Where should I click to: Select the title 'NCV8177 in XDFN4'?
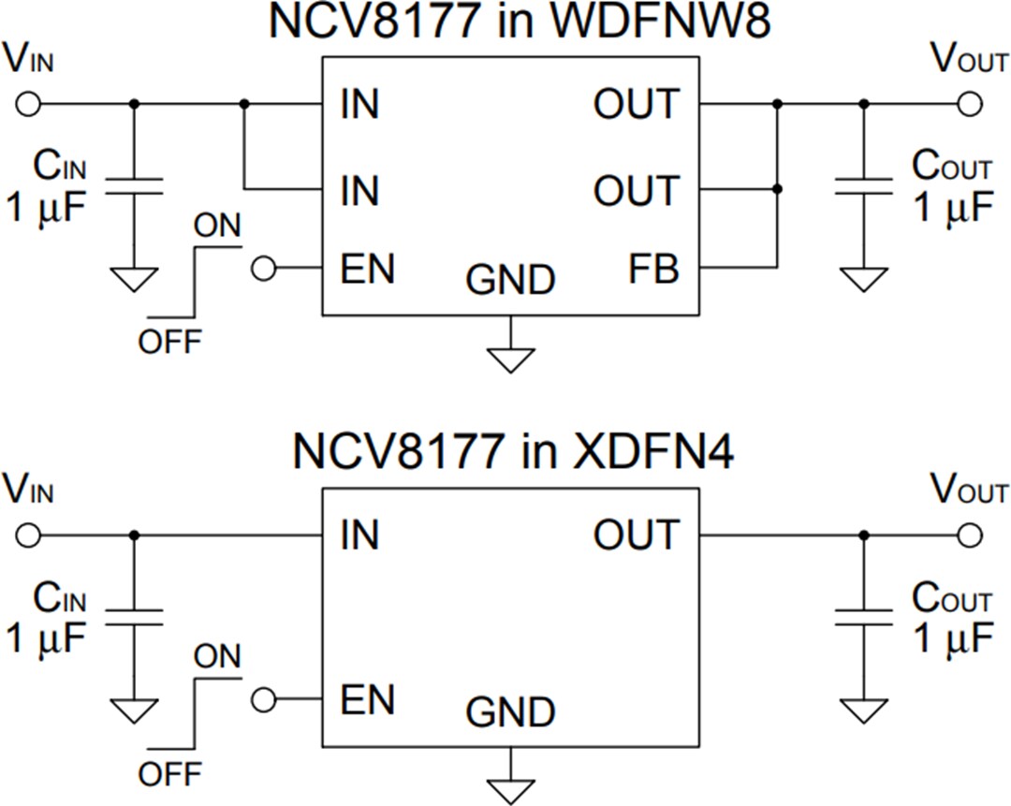(x=513, y=452)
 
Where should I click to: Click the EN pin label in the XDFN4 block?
(x=367, y=700)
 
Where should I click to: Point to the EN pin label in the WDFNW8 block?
(x=367, y=270)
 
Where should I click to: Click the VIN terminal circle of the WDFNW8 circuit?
(x=29, y=103)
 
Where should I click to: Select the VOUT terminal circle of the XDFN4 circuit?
(x=970, y=535)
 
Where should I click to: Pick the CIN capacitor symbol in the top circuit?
(x=134, y=185)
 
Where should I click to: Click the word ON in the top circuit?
(x=217, y=226)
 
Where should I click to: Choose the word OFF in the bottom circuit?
(x=169, y=774)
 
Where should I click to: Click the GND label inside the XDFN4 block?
(x=510, y=712)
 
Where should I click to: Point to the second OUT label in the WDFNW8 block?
(x=637, y=191)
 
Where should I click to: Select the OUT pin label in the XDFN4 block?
(x=637, y=535)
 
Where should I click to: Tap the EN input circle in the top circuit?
(x=265, y=270)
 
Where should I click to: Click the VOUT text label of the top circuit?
(x=970, y=60)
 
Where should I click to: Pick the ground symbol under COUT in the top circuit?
(x=863, y=278)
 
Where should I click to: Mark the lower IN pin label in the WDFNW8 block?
(x=359, y=191)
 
